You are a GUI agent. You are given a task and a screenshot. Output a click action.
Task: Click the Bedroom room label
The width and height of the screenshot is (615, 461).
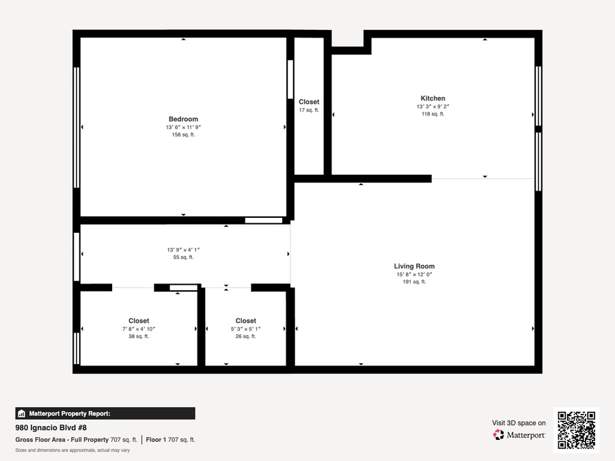pyautogui.click(x=183, y=119)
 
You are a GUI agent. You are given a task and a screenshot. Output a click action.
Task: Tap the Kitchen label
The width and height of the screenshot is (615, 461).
pyautogui.click(x=433, y=98)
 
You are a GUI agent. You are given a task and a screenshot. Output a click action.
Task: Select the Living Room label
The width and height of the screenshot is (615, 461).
pyautogui.click(x=414, y=266)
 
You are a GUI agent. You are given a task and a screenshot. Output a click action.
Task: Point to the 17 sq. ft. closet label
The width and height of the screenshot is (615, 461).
pyautogui.click(x=309, y=110)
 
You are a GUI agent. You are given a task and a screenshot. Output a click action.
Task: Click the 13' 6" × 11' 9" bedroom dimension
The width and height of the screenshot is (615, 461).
pyautogui.click(x=183, y=128)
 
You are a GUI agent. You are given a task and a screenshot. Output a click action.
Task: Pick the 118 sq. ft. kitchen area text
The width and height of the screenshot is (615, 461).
pyautogui.click(x=433, y=114)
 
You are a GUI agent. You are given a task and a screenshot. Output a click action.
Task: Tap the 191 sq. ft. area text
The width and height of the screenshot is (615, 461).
pyautogui.click(x=414, y=282)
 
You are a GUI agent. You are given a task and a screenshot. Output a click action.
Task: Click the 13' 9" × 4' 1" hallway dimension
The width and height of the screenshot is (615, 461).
pyautogui.click(x=183, y=250)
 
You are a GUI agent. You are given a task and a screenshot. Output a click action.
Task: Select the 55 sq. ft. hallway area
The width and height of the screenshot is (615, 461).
pyautogui.click(x=183, y=257)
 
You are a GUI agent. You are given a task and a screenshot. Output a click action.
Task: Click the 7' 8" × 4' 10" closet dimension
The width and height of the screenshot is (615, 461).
pyautogui.click(x=139, y=329)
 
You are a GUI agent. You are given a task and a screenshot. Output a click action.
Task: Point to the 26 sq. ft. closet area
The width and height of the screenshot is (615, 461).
pyautogui.click(x=245, y=336)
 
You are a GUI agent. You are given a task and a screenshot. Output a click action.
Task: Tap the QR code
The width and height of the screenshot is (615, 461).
pyautogui.click(x=576, y=430)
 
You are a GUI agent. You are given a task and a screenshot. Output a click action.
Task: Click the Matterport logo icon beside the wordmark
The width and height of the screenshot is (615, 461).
pyautogui.click(x=499, y=435)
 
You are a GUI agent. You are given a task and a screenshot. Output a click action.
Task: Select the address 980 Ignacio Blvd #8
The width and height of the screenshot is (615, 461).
pyautogui.click(x=51, y=428)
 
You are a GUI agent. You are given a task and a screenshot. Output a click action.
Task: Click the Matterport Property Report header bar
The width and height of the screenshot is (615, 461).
pyautogui.click(x=105, y=414)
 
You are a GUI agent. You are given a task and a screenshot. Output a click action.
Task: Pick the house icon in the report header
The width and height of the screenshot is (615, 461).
pyautogui.click(x=22, y=414)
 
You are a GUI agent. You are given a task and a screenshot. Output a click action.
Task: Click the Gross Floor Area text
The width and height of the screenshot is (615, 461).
pyautogui.click(x=77, y=440)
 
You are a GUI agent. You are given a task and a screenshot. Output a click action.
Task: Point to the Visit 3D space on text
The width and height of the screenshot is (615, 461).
pyautogui.click(x=519, y=423)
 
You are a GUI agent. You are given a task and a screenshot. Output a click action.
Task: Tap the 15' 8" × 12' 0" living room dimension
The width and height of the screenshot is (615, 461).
pyautogui.click(x=414, y=275)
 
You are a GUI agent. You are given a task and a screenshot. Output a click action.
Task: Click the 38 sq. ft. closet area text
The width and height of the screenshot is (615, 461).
pyautogui.click(x=139, y=336)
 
